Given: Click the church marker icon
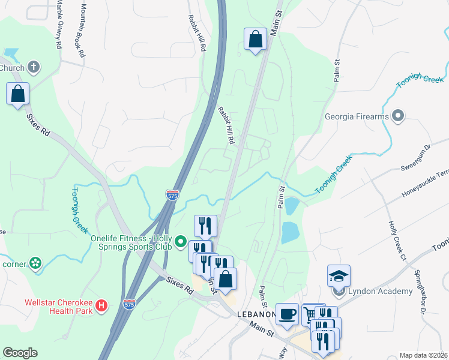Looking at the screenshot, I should point(34,67).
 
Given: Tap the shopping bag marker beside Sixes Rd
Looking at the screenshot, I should point(18,94).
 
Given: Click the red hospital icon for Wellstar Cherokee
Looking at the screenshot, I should point(102,305).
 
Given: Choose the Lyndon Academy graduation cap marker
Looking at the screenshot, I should point(339,277).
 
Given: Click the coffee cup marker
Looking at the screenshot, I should point(287,313).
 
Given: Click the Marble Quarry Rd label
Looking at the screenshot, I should point(59,24).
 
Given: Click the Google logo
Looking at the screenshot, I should point(20,353).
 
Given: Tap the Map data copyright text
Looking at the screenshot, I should point(423,355).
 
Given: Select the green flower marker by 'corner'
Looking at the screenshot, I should point(35,263).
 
